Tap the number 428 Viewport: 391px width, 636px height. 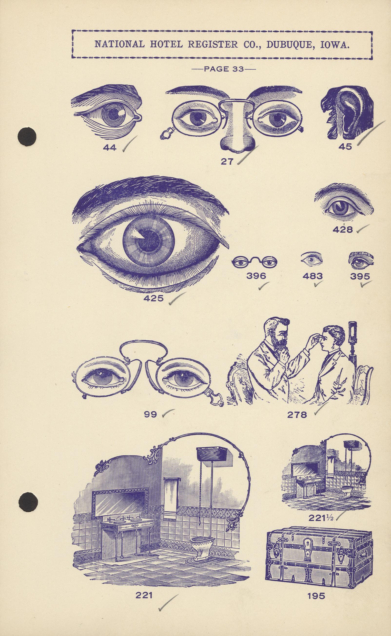tap(342, 229)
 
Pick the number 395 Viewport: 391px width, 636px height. tap(360, 276)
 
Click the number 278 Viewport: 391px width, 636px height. tap(297, 415)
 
